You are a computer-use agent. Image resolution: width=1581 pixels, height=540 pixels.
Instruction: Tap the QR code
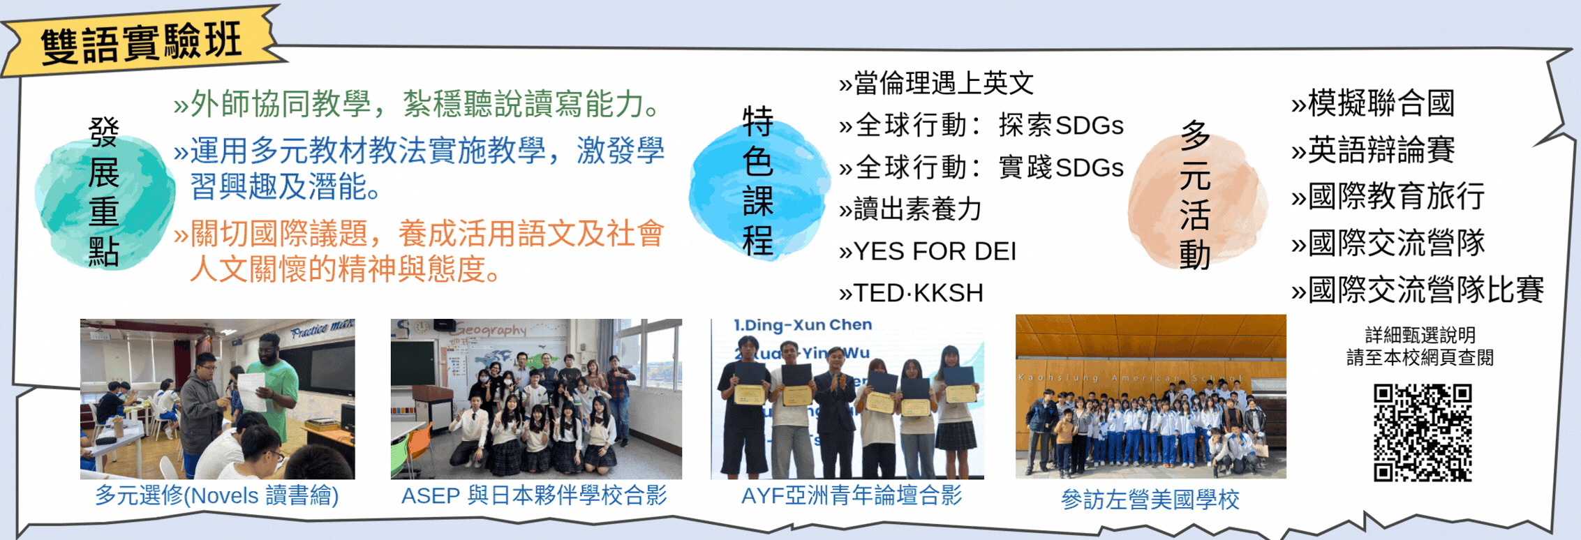pos(1422,433)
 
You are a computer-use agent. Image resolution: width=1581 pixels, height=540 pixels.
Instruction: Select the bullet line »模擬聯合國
pos(1373,103)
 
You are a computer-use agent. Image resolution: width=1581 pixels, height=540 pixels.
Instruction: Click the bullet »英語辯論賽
pos(1373,150)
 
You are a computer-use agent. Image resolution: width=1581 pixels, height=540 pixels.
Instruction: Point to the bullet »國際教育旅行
pos(1388,196)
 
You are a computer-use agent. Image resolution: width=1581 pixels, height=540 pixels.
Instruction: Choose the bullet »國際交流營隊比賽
pos(1417,290)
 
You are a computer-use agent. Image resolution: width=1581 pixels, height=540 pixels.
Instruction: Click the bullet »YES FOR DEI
pos(928,251)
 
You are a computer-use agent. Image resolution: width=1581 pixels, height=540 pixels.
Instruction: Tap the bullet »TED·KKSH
pos(911,293)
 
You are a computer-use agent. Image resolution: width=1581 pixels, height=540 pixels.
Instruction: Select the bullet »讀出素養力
pos(911,209)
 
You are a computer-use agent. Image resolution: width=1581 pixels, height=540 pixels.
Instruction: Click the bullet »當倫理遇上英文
pos(936,84)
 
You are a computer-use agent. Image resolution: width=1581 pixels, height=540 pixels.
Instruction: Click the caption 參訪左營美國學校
pos(1150,500)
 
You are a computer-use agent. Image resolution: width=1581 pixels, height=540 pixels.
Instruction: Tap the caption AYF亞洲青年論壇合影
pos(852,495)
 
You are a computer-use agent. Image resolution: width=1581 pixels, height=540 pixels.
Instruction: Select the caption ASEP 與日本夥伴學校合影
pos(534,495)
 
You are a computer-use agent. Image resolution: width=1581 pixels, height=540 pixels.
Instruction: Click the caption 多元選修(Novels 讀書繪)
pos(216,495)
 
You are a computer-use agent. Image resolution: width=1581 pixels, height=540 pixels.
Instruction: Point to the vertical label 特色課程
pos(758,181)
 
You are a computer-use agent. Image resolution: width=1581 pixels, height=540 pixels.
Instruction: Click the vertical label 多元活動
pos(1195,195)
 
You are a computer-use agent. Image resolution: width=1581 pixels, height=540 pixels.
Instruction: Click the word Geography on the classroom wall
pos(491,329)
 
